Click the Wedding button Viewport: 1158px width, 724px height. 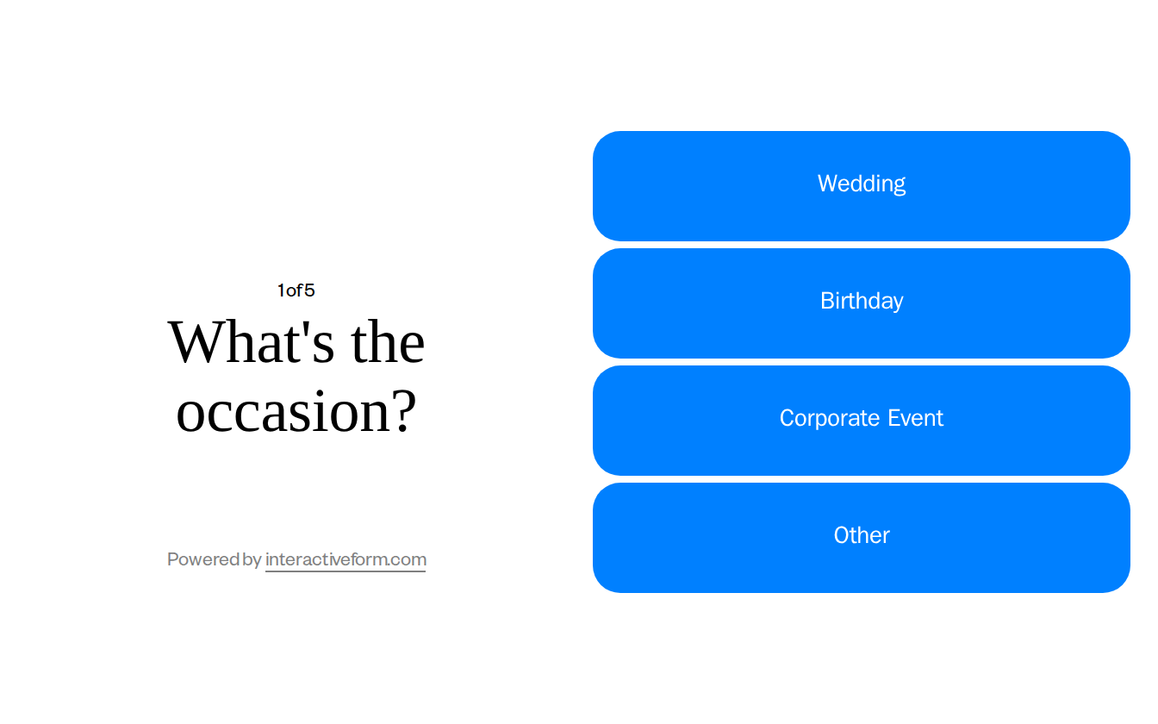click(x=862, y=185)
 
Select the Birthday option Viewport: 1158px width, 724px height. click(x=862, y=303)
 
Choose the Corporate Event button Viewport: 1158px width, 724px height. click(x=862, y=420)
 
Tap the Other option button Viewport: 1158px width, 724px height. click(x=862, y=537)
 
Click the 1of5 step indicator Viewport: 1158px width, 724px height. click(x=296, y=290)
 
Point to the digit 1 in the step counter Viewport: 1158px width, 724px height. click(x=281, y=290)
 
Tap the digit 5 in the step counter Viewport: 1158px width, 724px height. click(x=309, y=290)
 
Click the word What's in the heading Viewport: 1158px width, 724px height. click(x=251, y=342)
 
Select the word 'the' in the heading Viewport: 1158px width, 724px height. click(x=388, y=342)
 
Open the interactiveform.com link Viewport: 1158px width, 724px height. click(x=346, y=559)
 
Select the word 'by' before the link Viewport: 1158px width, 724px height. click(x=252, y=560)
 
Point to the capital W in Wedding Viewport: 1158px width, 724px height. click(x=826, y=184)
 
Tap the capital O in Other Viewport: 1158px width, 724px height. click(x=842, y=535)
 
